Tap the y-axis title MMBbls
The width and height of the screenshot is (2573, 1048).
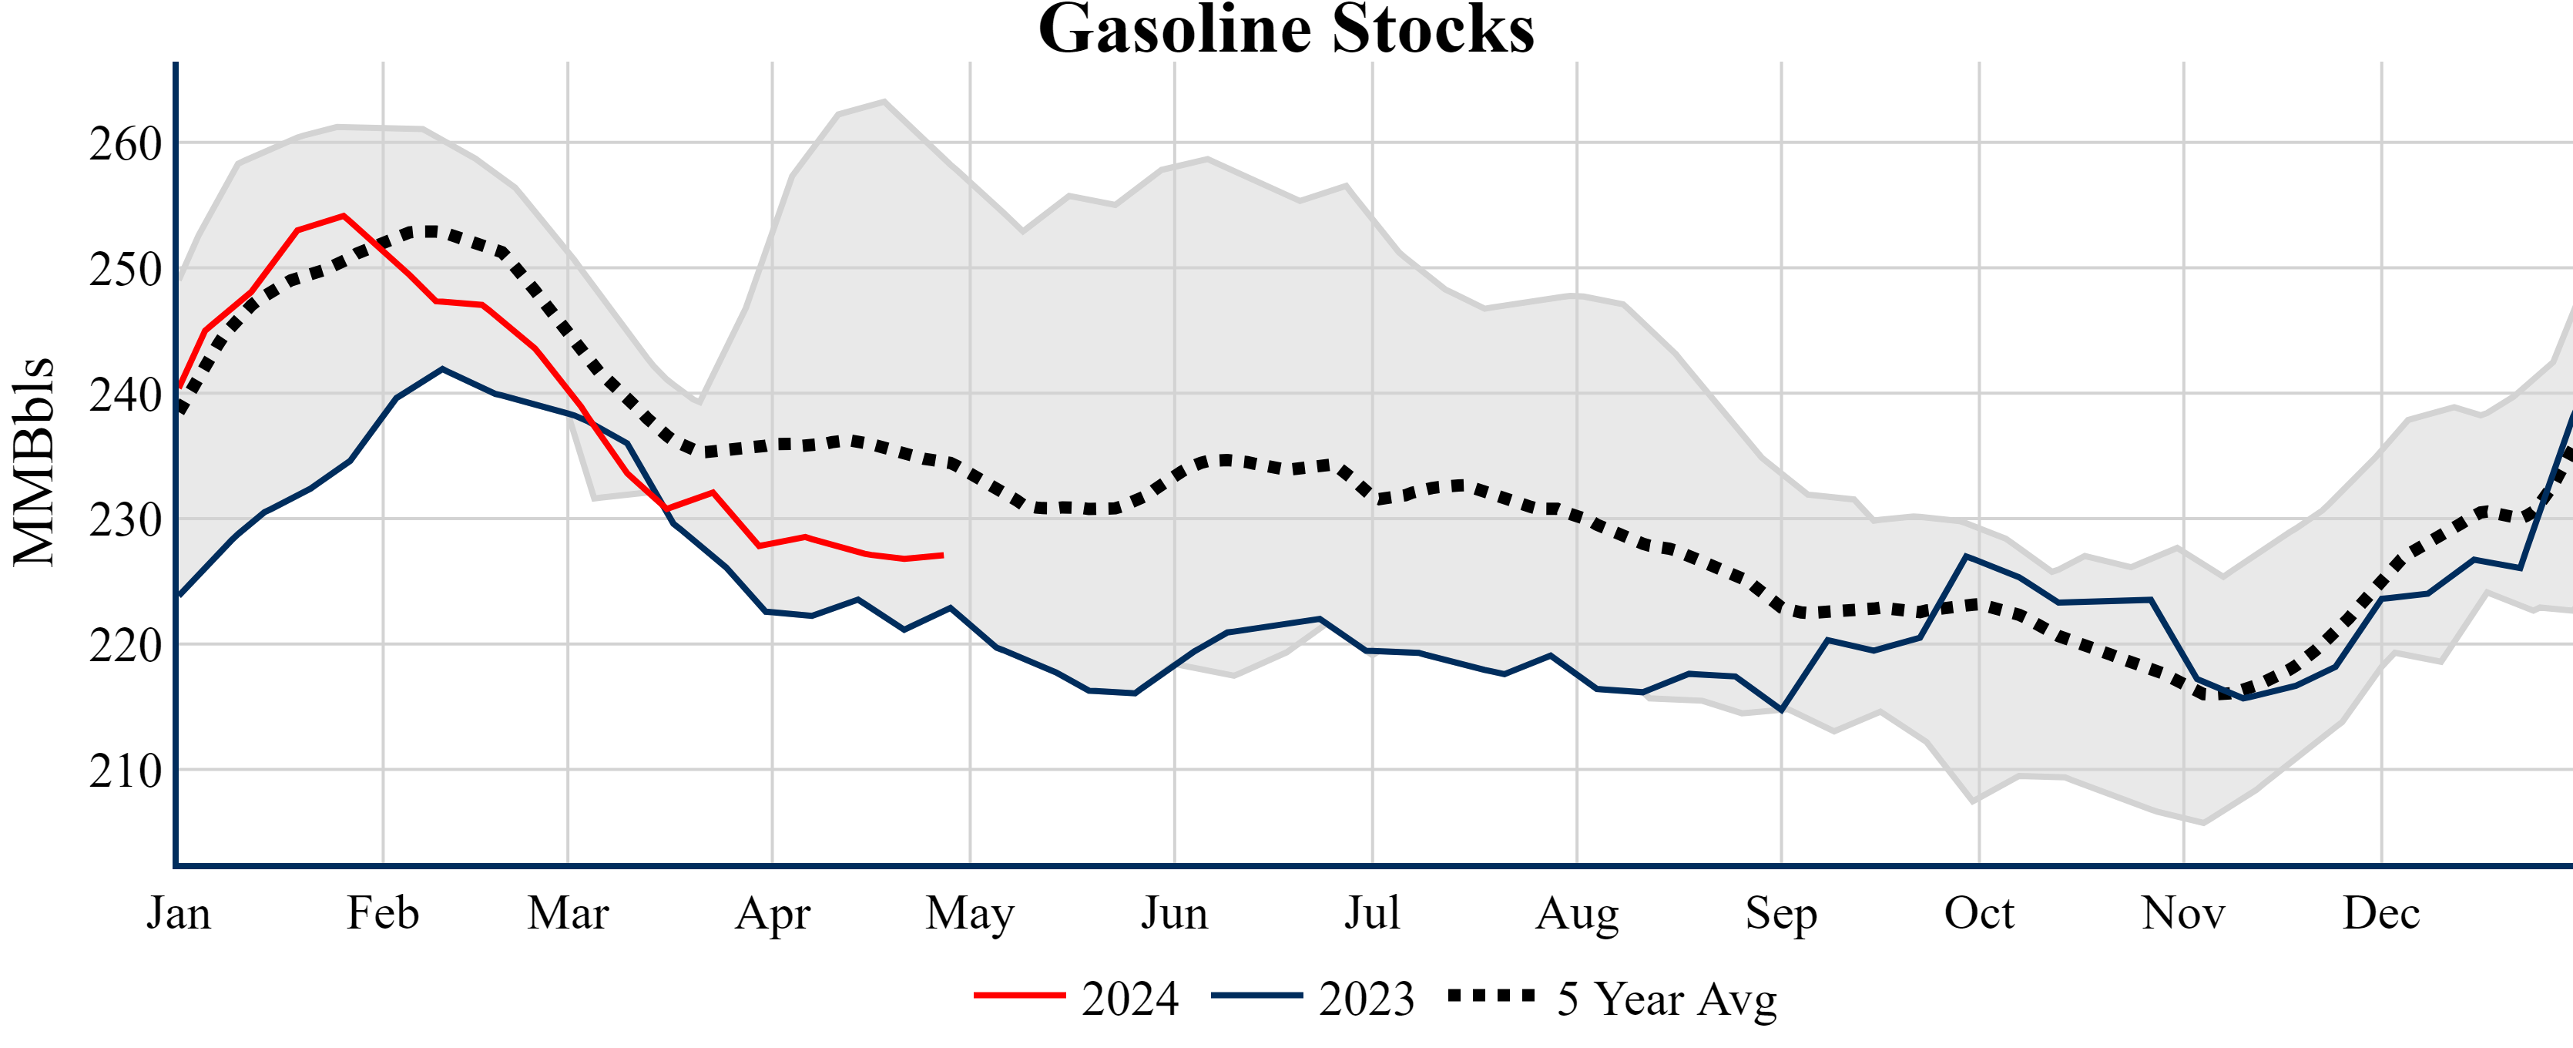click(x=34, y=462)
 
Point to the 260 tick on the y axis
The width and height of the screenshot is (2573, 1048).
click(x=125, y=144)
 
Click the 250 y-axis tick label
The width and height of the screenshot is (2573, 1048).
click(x=125, y=270)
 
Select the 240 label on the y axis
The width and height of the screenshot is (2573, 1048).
click(x=125, y=395)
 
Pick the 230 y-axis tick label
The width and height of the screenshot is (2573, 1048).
click(x=125, y=520)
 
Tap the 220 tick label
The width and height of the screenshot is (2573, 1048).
click(x=125, y=647)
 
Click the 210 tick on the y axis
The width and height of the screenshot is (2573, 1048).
click(x=125, y=771)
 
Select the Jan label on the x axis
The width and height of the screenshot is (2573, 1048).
click(x=179, y=913)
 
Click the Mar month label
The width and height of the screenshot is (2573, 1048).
click(x=569, y=913)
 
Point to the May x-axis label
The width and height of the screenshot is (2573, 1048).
click(x=970, y=913)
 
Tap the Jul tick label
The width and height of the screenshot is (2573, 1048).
click(x=1373, y=913)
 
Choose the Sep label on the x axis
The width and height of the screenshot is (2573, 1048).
click(x=1781, y=913)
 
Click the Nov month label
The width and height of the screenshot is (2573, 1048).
click(x=2183, y=913)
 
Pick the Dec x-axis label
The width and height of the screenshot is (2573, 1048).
click(x=2381, y=913)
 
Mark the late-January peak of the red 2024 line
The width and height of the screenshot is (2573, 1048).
click(x=344, y=215)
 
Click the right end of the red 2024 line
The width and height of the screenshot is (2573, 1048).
click(x=942, y=556)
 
